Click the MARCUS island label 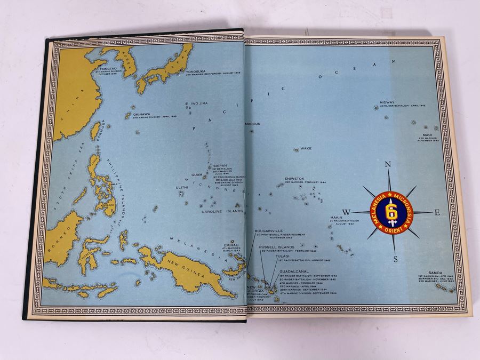click(x=252, y=124)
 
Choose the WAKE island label click(x=306, y=148)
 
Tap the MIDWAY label click(x=387, y=102)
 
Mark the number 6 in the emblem click(x=391, y=209)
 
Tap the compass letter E click(x=437, y=212)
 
